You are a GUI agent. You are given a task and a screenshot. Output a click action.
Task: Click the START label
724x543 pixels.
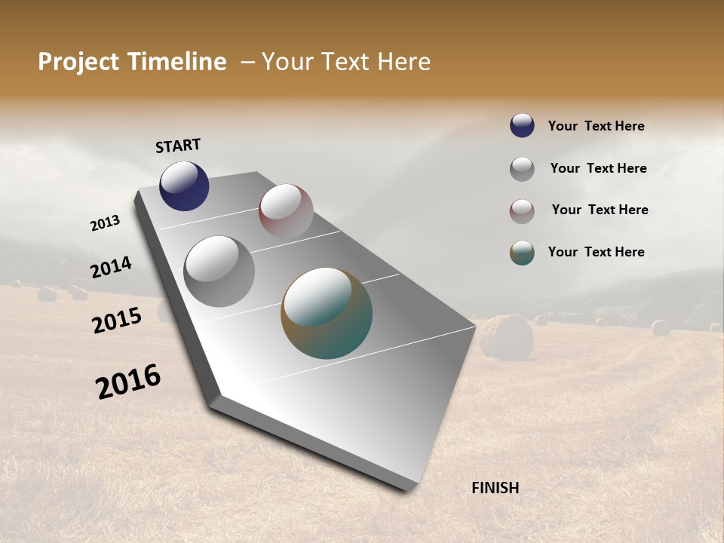[178, 146]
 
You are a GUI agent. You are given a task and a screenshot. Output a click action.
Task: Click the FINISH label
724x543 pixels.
[495, 488]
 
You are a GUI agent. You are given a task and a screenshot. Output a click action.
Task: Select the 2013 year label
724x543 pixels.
[105, 223]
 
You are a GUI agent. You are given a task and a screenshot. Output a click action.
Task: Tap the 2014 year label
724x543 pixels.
[111, 267]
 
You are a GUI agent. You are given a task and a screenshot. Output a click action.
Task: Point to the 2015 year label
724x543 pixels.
[117, 321]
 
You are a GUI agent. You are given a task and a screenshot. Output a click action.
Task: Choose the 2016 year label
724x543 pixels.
[128, 382]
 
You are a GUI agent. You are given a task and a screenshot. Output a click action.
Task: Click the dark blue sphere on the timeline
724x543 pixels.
[184, 186]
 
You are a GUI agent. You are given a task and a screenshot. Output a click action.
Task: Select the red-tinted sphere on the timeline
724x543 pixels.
[286, 210]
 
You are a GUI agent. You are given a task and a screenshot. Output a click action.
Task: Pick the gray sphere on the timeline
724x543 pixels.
[219, 271]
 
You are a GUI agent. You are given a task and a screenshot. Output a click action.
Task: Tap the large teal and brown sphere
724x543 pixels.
[327, 313]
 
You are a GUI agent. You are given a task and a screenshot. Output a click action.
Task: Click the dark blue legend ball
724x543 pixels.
[522, 125]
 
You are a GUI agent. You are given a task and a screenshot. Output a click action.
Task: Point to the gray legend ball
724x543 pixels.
[522, 169]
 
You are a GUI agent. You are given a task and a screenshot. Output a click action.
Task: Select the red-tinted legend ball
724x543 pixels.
[522, 211]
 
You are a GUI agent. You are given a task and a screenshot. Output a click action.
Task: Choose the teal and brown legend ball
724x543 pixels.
[522, 253]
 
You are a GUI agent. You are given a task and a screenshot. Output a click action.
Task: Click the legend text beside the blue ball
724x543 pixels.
[596, 126]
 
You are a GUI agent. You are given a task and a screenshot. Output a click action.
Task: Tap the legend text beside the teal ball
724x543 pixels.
[596, 252]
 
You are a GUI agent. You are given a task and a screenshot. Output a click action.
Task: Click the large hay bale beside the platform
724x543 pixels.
[506, 336]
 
